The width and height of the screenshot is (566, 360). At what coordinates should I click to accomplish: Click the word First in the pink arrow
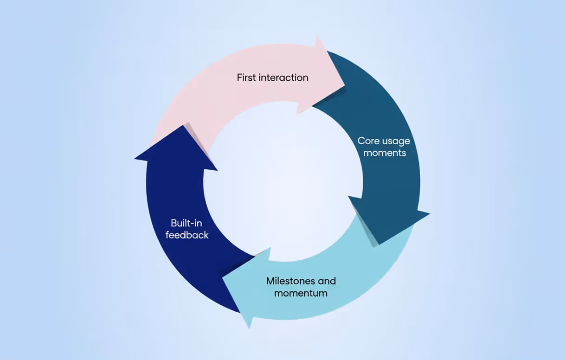tap(246, 77)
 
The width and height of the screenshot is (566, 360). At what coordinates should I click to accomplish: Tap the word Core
tap(368, 141)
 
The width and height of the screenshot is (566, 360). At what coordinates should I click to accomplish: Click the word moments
tap(385, 153)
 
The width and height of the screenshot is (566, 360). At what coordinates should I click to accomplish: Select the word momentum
tap(301, 293)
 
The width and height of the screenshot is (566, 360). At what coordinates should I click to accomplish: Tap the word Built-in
tap(186, 223)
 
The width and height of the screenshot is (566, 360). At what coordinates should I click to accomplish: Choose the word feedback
tap(187, 235)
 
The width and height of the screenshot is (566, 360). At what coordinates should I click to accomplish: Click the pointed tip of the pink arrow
tap(344, 85)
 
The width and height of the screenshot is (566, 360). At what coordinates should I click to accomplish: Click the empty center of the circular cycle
tap(283, 181)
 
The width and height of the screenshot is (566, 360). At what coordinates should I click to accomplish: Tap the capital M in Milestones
tap(270, 281)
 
